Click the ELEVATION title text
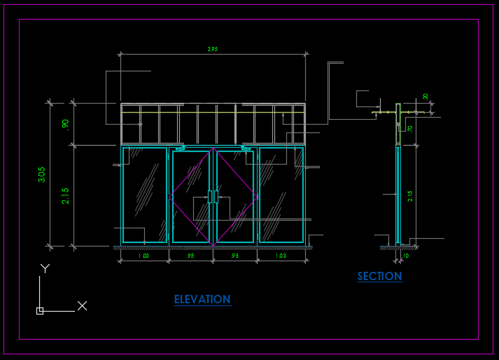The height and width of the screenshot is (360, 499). point(202,300)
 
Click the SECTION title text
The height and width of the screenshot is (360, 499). point(379,277)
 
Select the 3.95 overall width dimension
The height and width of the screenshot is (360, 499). point(213,49)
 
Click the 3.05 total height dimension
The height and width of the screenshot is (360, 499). point(42,174)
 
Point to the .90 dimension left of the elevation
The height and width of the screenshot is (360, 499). point(66,124)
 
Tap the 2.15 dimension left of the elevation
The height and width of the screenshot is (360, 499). point(66,195)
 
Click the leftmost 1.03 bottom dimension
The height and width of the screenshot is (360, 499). point(143,256)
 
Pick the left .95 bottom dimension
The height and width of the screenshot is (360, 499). point(190,256)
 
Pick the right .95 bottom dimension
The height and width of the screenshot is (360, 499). point(235,256)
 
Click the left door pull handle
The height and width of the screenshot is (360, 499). point(209,197)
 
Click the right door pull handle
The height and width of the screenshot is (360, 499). point(216,197)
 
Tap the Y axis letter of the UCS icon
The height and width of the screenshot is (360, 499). point(45,268)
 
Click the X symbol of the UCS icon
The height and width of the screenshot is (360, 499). point(82,305)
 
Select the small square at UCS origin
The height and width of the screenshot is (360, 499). point(40,310)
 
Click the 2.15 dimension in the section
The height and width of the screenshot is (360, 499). point(411,195)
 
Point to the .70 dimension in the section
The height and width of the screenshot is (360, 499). point(410,128)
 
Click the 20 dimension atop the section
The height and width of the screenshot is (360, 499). point(426,96)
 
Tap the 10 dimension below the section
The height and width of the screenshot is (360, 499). point(405,256)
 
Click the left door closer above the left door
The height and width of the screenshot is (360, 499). point(180,148)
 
